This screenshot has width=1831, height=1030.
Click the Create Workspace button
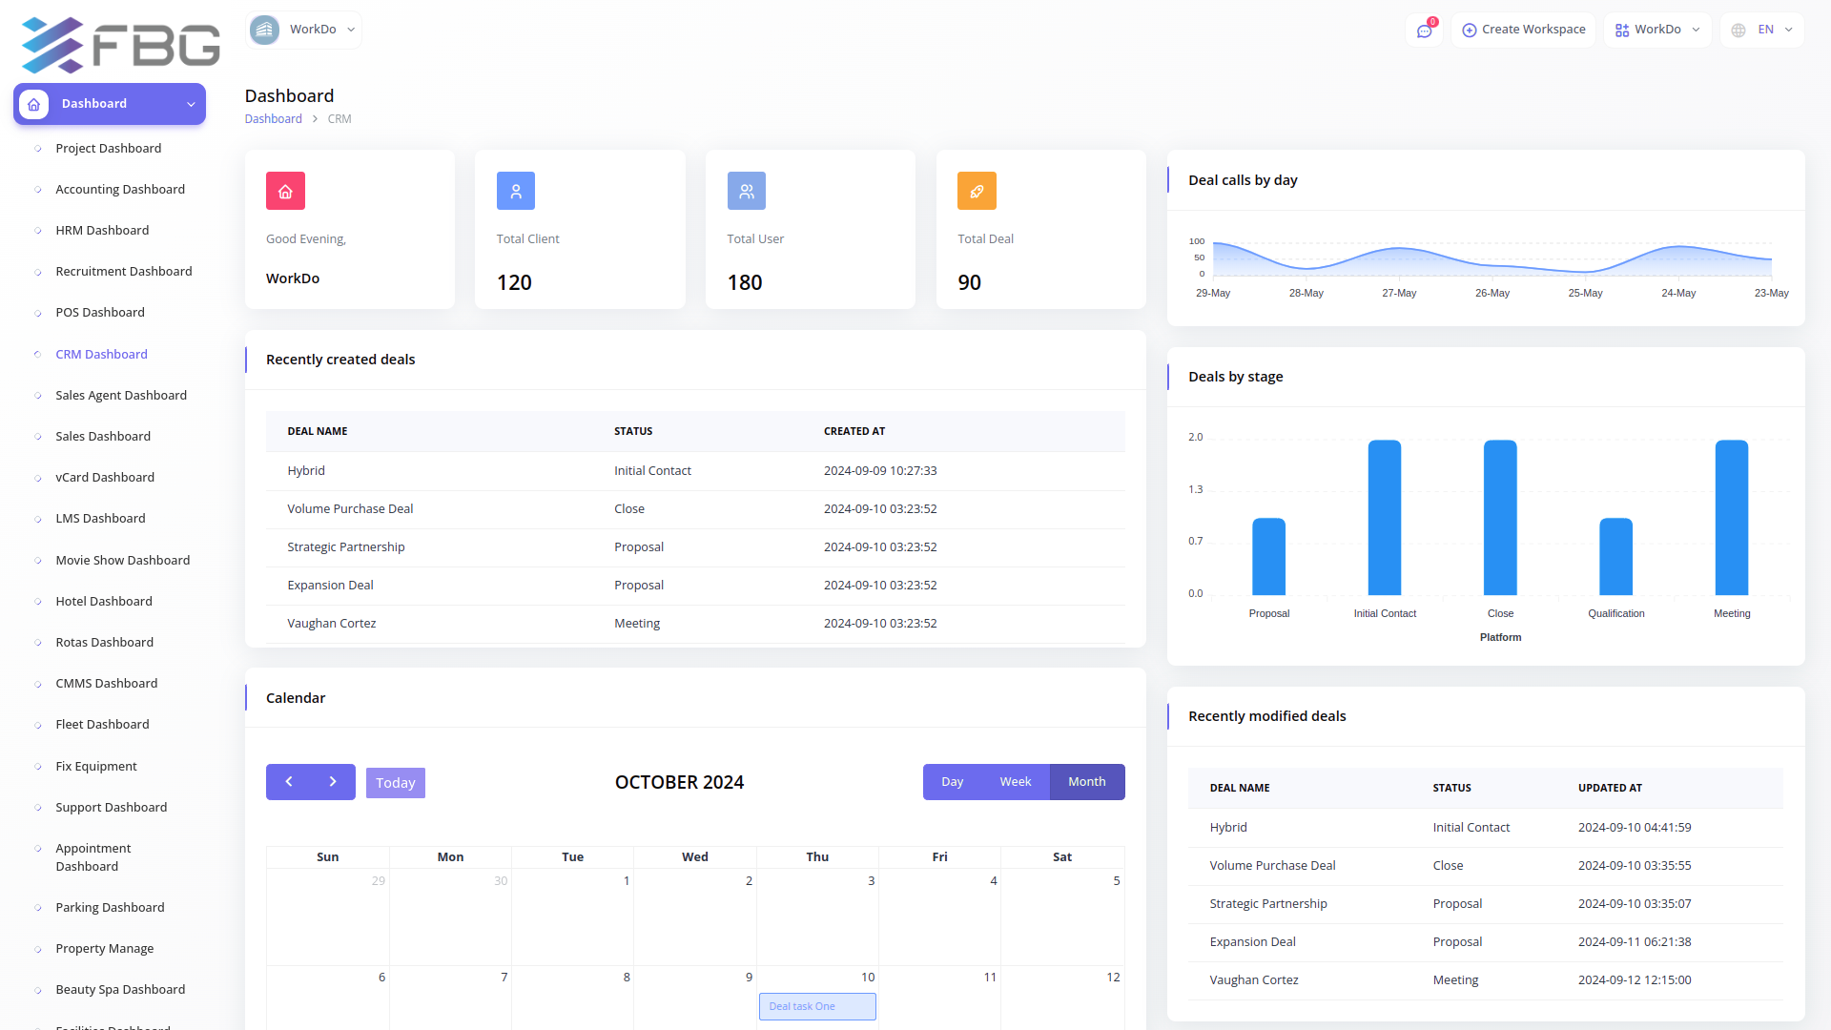click(1524, 30)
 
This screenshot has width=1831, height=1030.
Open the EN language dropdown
click(1762, 30)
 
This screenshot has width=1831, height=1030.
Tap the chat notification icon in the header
click(1424, 31)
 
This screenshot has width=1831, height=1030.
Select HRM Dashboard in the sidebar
click(102, 231)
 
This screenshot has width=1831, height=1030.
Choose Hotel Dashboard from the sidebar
click(104, 602)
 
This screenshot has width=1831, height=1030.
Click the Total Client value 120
click(514, 282)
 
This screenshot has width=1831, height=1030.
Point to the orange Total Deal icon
click(977, 191)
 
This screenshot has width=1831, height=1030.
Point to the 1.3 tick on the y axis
click(1195, 489)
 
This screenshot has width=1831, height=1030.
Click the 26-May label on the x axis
click(1492, 294)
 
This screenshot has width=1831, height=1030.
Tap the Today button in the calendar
click(396, 783)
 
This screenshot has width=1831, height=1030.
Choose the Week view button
click(1015, 782)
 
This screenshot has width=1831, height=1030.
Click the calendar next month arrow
click(333, 782)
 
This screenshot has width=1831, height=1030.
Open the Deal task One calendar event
click(817, 1006)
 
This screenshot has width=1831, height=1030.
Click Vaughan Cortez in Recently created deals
click(332, 624)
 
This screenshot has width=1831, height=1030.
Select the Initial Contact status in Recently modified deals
click(1471, 828)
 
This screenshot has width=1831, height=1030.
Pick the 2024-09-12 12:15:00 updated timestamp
click(1635, 980)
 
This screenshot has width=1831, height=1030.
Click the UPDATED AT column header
click(1610, 789)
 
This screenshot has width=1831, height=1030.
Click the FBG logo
click(121, 45)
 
